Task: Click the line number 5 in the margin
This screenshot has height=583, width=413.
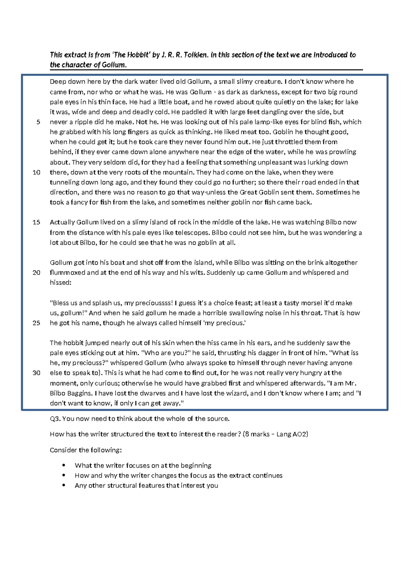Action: (x=38, y=122)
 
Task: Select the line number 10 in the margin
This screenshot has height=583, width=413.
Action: (x=36, y=172)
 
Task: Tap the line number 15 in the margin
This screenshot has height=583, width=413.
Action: (x=36, y=222)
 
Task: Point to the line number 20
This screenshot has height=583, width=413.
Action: (x=36, y=273)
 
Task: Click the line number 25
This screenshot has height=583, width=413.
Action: (x=36, y=323)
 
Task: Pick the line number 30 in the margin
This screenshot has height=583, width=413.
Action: (x=36, y=373)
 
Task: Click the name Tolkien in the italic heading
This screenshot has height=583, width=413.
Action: (x=195, y=55)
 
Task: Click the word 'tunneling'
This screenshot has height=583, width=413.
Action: (x=65, y=182)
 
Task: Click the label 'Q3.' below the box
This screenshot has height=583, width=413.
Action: (x=55, y=419)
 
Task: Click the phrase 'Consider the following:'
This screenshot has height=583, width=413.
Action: (x=86, y=450)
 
